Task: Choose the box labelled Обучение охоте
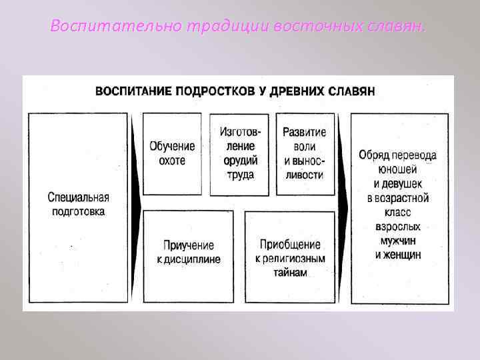(x=172, y=153)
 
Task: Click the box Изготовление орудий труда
(x=239, y=153)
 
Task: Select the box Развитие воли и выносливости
(x=305, y=153)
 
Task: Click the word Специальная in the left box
(x=79, y=198)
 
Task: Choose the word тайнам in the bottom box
(x=290, y=273)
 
